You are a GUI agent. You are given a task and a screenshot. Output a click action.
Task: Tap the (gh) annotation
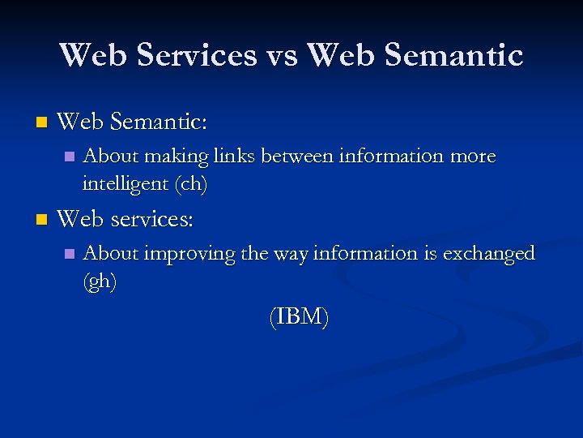pyautogui.click(x=100, y=281)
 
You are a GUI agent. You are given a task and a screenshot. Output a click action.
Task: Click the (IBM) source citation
pyautogui.click(x=299, y=317)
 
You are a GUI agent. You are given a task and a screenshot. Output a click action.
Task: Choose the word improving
pyautogui.click(x=190, y=254)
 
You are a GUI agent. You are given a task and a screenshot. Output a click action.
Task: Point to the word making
pyautogui.click(x=176, y=156)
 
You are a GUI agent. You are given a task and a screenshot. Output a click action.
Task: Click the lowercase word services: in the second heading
pyautogui.click(x=151, y=220)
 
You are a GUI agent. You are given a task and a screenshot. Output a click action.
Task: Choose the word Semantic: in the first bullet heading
pyautogui.click(x=159, y=122)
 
